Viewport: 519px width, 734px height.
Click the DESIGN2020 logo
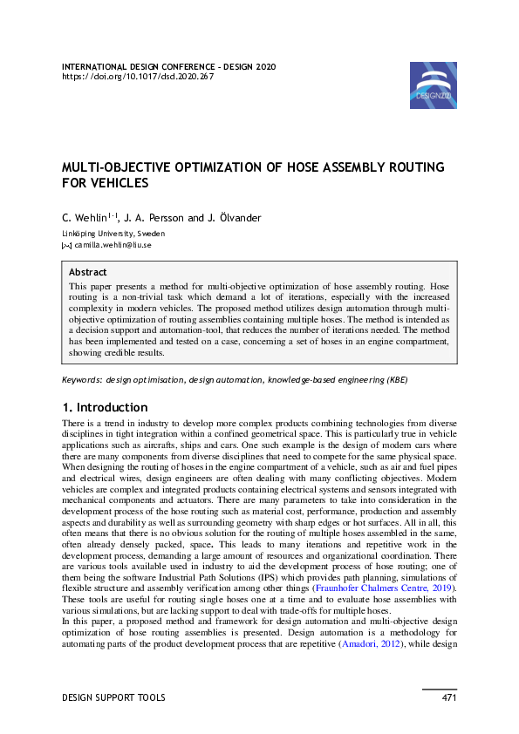point(433,85)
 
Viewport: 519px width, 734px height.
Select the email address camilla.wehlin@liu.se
point(113,246)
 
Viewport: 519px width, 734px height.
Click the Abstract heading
point(88,272)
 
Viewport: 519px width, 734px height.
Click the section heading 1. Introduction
point(105,407)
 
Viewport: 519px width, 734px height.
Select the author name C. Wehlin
point(85,218)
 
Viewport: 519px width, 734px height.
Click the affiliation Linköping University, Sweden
point(113,234)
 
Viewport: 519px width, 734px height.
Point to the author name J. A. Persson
point(155,218)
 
